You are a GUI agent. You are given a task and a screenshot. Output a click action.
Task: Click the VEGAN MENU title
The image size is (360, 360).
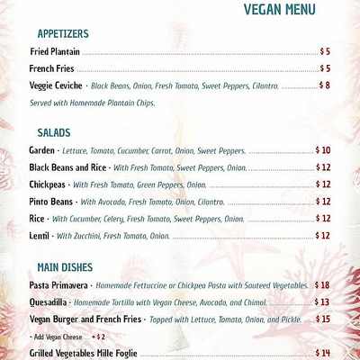point(279,10)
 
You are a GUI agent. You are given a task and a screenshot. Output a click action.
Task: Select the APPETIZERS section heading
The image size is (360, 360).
point(62,34)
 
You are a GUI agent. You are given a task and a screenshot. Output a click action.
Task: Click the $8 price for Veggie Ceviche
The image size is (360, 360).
point(325,85)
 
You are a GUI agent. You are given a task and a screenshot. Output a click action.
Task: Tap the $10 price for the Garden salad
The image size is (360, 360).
point(323,150)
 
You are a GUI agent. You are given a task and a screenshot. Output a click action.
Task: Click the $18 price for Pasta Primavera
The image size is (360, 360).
point(323,285)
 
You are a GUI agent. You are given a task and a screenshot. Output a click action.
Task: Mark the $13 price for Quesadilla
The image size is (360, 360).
point(323,302)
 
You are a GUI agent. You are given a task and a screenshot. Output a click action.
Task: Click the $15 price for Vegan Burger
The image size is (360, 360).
point(323,319)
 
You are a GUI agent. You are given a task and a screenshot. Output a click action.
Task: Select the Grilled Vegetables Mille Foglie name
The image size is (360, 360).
point(83,353)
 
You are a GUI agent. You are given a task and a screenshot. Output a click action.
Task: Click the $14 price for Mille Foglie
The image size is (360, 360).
point(323,353)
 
